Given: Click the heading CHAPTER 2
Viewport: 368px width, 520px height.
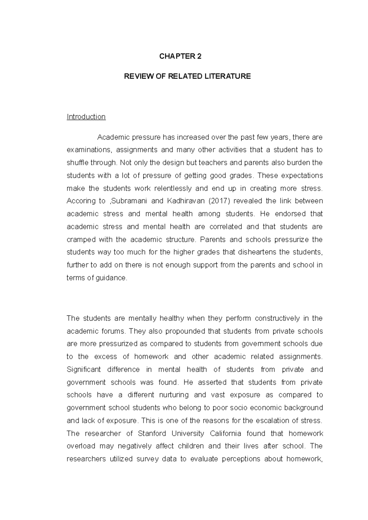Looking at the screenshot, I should (180, 56).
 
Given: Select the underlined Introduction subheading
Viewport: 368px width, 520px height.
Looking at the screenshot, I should (86, 117).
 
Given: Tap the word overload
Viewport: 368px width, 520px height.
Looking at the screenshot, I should (81, 446).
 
